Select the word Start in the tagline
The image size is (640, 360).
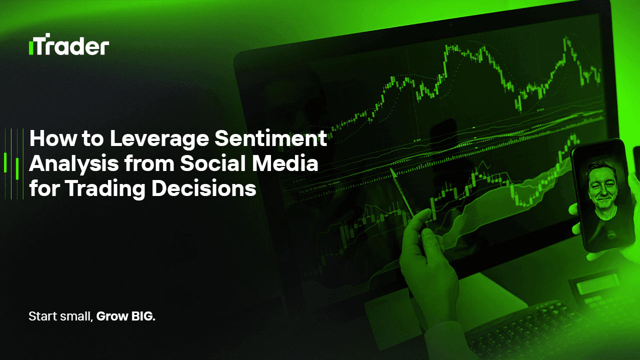click(42, 316)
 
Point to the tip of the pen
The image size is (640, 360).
click(391, 170)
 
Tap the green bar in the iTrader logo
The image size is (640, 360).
click(31, 48)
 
